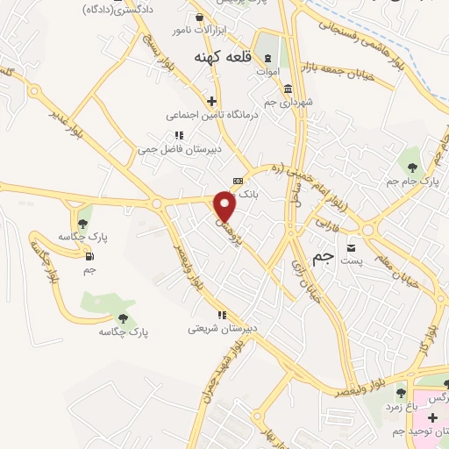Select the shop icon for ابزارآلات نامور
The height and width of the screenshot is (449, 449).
pos(199,17)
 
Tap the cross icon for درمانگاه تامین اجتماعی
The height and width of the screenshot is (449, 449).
pos(210,100)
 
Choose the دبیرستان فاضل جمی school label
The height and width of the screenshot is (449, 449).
pos(179,149)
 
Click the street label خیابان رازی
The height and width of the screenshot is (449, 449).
pos(312,279)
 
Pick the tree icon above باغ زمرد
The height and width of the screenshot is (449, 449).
pos(401,393)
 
